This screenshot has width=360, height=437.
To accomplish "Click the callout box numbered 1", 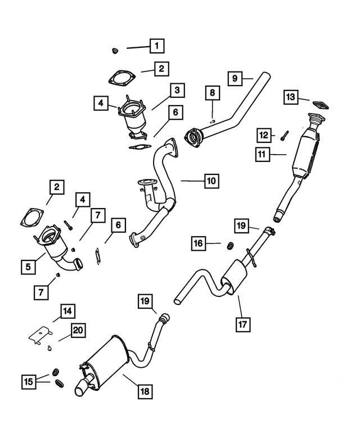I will (x=157, y=44).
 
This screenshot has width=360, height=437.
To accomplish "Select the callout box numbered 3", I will (x=176, y=89).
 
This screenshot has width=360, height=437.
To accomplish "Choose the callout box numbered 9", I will (x=235, y=78).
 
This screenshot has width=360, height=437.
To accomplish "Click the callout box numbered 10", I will (x=211, y=181).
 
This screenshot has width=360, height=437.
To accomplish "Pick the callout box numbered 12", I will (x=264, y=134).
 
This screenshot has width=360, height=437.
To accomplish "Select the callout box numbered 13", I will (x=290, y=97).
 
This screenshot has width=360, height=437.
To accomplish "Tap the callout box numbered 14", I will (x=67, y=311).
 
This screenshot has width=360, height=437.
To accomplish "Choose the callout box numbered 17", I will (x=243, y=325).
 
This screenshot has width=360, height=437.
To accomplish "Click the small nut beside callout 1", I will (x=115, y=51).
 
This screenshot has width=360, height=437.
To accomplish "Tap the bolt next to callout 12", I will (x=283, y=135).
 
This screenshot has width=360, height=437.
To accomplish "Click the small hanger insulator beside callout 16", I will (x=229, y=245).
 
